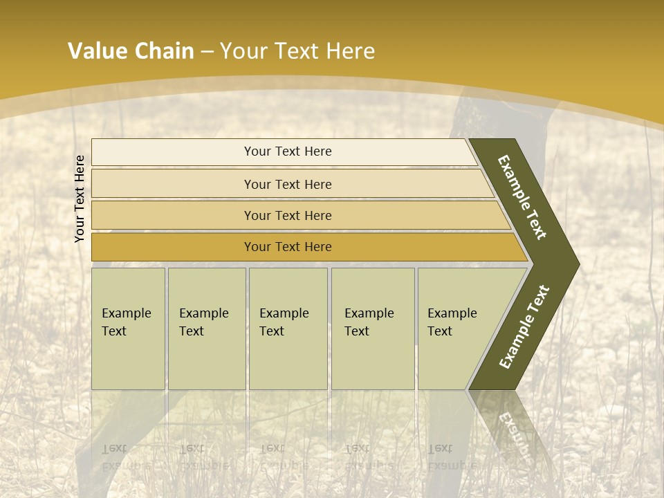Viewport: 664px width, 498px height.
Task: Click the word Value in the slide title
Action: pyautogui.click(x=96, y=51)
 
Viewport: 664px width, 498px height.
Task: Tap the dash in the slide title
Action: pyautogui.click(x=207, y=52)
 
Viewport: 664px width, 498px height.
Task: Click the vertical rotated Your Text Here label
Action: pyautogui.click(x=80, y=199)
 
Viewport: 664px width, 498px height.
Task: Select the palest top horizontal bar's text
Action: pyautogui.click(x=288, y=151)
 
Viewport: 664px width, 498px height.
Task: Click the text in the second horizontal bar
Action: pyautogui.click(x=288, y=185)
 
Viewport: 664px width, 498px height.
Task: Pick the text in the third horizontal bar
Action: pyautogui.click(x=288, y=216)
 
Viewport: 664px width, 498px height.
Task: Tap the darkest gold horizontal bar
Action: pyautogui.click(x=288, y=247)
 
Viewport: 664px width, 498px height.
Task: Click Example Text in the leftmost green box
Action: pyautogui.click(x=126, y=322)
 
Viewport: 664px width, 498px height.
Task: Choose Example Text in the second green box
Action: pyautogui.click(x=203, y=322)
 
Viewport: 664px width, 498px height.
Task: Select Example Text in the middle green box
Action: pyautogui.click(x=284, y=322)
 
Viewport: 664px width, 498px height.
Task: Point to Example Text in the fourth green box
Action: pyautogui.click(x=369, y=322)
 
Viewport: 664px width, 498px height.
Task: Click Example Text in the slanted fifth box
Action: pyautogui.click(x=452, y=322)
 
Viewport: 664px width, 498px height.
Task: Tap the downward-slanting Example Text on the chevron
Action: pyautogui.click(x=522, y=197)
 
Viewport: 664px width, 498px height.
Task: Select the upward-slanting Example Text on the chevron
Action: pyautogui.click(x=524, y=327)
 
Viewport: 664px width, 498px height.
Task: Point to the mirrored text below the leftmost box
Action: pyautogui.click(x=126, y=456)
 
